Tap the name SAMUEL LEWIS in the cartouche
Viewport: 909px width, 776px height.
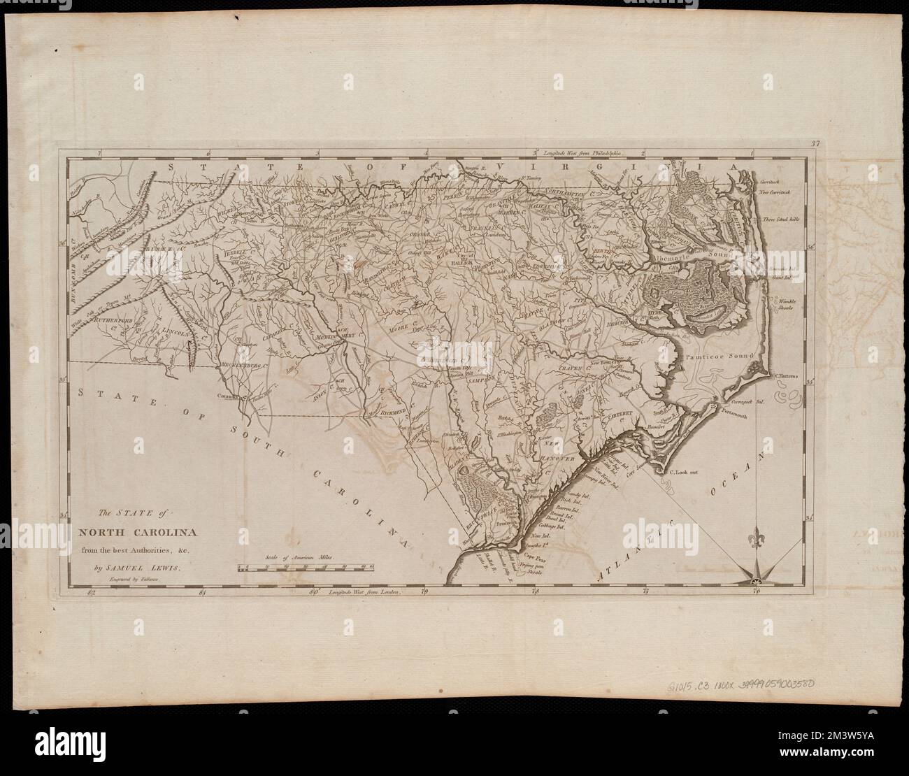tap(139, 568)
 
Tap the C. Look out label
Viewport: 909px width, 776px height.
tap(684, 472)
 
